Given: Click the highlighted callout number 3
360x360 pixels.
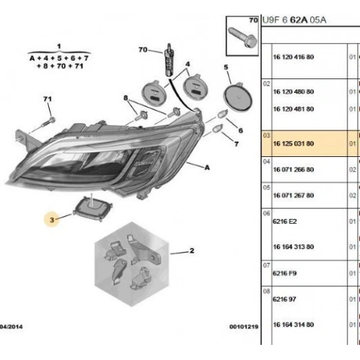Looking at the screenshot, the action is click(x=52, y=220).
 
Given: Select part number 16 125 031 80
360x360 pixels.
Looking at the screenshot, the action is click(x=293, y=143).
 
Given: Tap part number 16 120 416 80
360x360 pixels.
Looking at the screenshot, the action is click(x=293, y=57).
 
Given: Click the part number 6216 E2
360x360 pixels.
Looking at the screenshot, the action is click(x=284, y=221).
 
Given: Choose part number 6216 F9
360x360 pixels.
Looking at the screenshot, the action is click(x=284, y=273).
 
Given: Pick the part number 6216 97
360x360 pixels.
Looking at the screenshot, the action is click(x=284, y=299).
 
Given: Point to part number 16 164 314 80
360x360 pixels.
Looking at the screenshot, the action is click(x=293, y=325).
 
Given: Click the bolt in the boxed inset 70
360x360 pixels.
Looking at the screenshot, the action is click(x=243, y=37).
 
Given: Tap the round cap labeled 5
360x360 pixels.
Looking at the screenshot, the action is click(x=238, y=97).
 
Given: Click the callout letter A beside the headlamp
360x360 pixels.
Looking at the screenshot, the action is click(x=207, y=168).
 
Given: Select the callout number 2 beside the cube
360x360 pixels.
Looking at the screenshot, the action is click(x=192, y=251).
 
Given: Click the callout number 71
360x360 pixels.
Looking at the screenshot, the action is click(x=48, y=99).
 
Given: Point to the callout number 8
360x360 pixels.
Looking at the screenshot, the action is click(x=125, y=98).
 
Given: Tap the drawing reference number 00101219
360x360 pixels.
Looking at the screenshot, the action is click(x=243, y=327).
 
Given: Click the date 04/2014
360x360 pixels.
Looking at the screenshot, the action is click(x=12, y=327).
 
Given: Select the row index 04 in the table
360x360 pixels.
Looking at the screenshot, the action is click(x=266, y=161).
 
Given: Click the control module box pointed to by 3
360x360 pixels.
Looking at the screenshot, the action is click(x=93, y=208).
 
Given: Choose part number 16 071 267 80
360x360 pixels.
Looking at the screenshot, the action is click(x=293, y=195).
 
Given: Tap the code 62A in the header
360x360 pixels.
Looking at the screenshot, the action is click(x=299, y=20).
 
